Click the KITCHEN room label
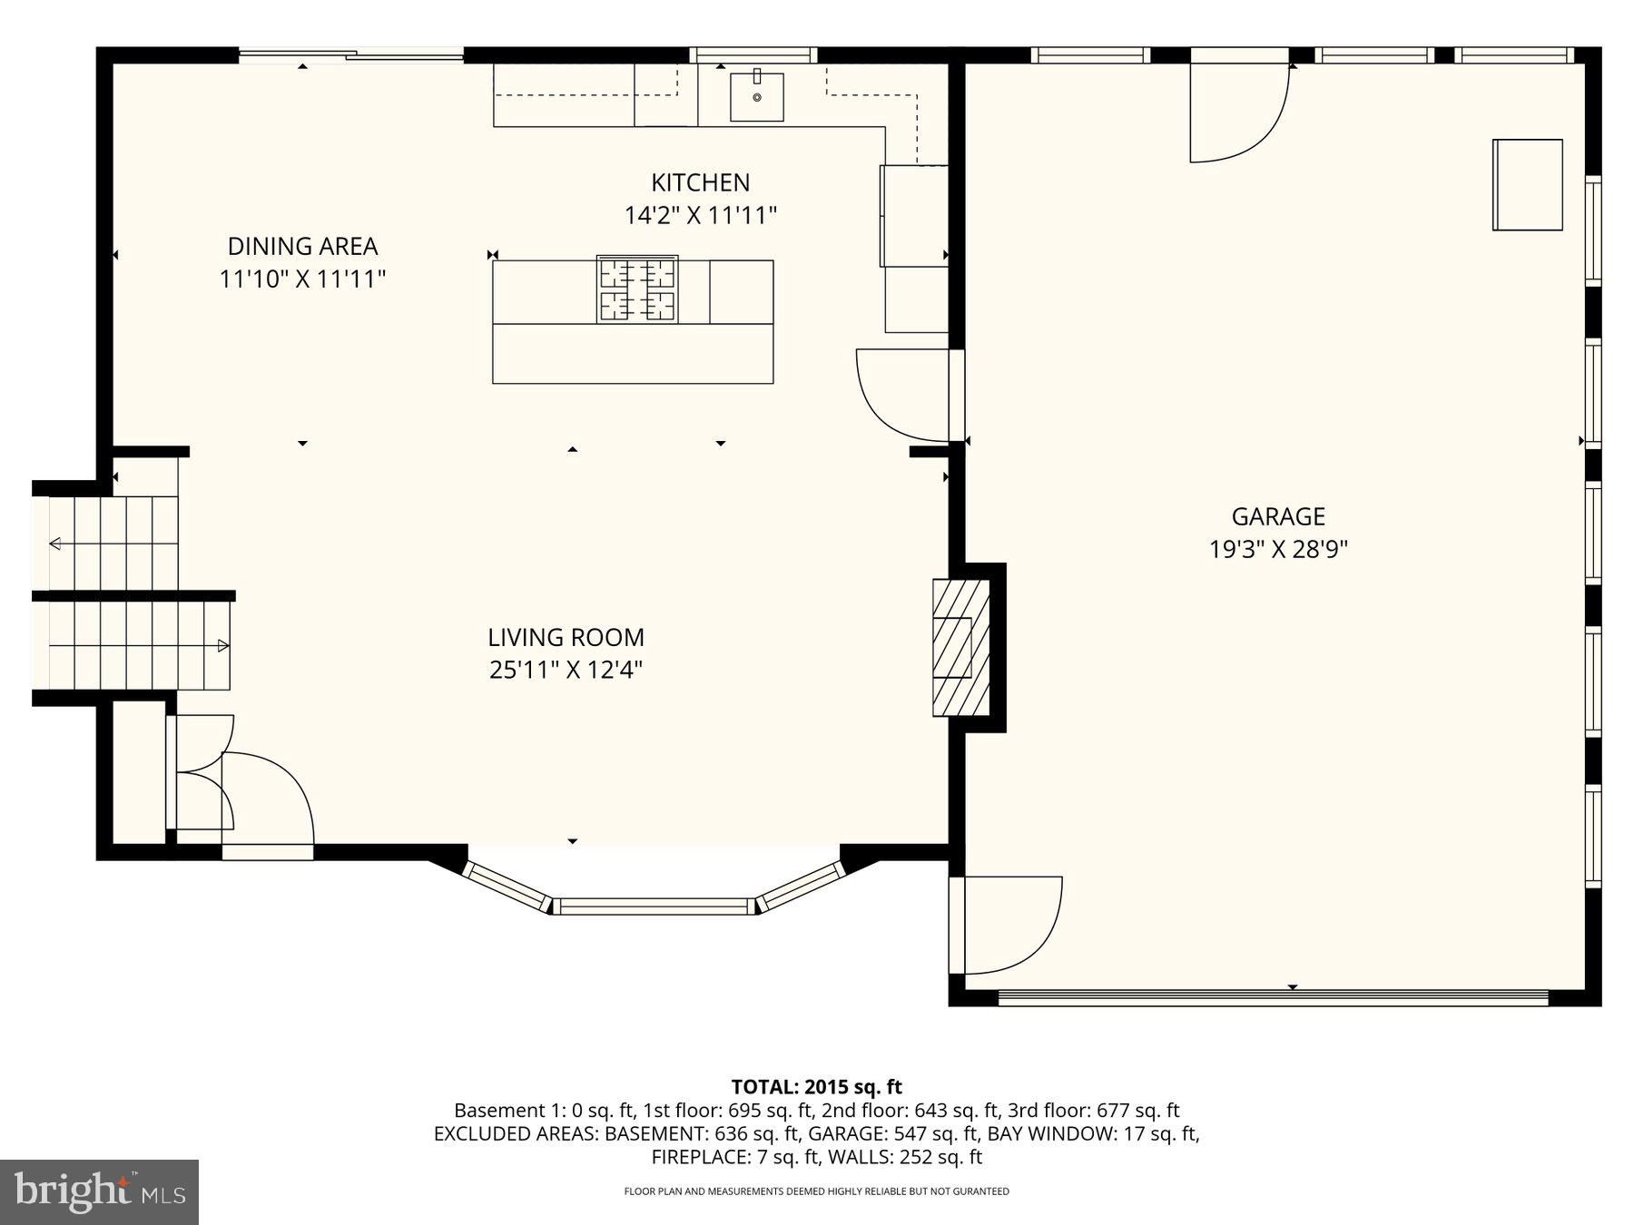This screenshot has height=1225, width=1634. click(700, 182)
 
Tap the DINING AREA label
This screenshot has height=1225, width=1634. click(302, 246)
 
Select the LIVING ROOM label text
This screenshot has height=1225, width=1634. click(566, 637)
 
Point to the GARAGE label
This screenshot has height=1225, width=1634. click(1277, 516)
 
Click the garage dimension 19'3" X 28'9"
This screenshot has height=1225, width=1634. click(1277, 550)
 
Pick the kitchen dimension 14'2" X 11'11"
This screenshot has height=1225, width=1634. click(700, 216)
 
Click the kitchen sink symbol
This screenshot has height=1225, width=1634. click(756, 95)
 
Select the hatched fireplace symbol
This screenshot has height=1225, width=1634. click(960, 647)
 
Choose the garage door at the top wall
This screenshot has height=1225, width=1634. click(1238, 104)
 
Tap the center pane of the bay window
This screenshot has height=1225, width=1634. click(653, 905)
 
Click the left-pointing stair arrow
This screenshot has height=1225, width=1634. click(56, 544)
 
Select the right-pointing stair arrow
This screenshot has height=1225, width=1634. click(222, 646)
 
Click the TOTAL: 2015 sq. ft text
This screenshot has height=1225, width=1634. click(816, 1086)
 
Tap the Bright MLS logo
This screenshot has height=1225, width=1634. click(99, 1191)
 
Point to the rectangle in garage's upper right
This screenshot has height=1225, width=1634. click(1527, 184)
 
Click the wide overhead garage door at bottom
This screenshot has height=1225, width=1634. click(1273, 997)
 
